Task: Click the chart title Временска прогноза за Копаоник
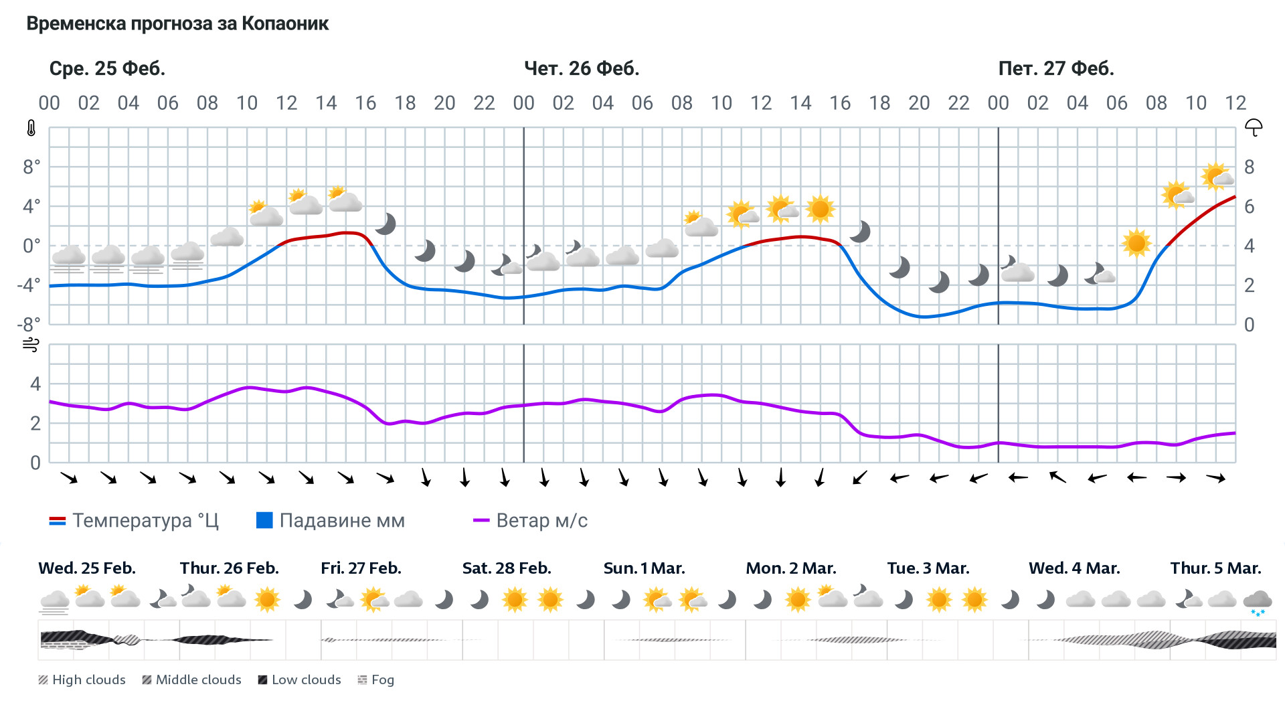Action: coord(177,24)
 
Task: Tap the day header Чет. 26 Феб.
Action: coord(581,68)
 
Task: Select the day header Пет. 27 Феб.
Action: coord(1055,68)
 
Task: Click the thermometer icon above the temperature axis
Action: coord(31,128)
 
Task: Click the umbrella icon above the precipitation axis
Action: coord(1253,127)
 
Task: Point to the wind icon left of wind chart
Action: coord(31,345)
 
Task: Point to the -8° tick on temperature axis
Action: coord(29,325)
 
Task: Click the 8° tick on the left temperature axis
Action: coord(31,167)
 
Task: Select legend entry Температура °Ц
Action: coord(134,521)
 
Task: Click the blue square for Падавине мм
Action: coord(264,520)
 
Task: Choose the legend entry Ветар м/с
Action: coord(530,521)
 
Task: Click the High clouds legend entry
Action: coord(82,680)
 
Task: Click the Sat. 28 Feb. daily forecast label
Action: coord(507,568)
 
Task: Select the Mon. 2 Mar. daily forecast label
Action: coord(790,568)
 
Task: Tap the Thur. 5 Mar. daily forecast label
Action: coord(1215,568)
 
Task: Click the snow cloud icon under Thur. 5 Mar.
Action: coord(1257,601)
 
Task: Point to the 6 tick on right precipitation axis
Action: coord(1249,206)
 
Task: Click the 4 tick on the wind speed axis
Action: coord(35,384)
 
